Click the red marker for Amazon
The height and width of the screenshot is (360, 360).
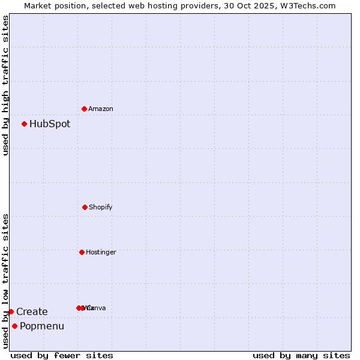85,109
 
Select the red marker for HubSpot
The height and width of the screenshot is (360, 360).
25,124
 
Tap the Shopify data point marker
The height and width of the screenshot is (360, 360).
85,207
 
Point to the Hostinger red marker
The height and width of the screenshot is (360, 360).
82,252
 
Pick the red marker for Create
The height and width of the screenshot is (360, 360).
11,311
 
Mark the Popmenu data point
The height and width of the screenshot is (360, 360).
14,326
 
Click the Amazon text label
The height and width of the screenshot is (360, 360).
101,109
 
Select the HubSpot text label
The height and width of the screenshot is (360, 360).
50,124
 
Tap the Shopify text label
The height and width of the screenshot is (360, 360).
101,207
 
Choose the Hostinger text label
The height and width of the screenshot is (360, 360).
101,252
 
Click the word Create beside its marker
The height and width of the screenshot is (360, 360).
32,311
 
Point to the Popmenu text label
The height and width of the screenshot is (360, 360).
42,326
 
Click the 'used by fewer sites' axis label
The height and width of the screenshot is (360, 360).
62,355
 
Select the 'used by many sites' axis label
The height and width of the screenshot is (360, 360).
301,355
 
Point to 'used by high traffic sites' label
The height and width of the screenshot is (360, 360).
5,85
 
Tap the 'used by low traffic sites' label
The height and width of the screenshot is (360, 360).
5,281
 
